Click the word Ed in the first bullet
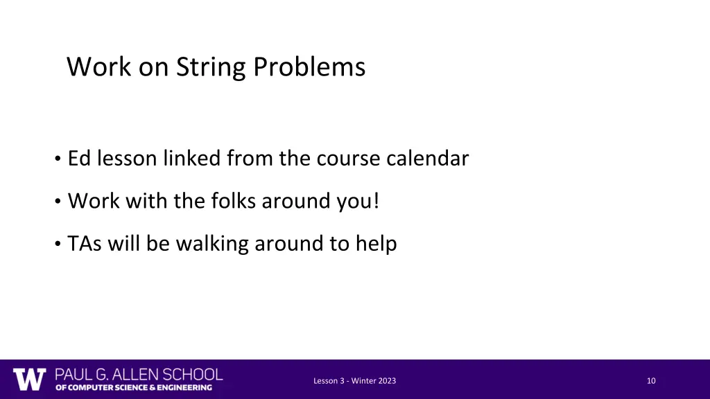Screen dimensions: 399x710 click(80, 159)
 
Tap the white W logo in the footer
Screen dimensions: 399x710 click(30, 380)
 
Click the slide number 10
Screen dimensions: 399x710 click(650, 381)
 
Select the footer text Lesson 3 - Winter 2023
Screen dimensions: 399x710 click(355, 381)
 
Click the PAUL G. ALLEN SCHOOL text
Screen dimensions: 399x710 click(139, 375)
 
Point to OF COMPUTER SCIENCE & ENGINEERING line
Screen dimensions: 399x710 click(134, 388)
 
